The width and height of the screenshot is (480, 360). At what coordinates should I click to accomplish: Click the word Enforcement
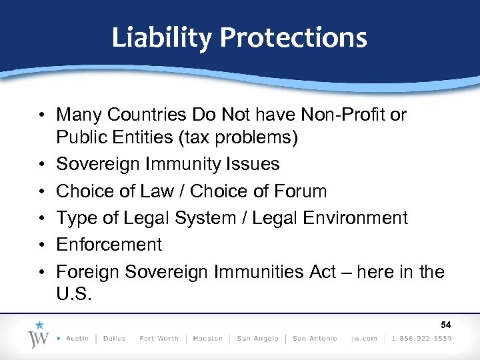pos(109,245)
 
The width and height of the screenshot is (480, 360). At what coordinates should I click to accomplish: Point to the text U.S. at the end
pos(73,294)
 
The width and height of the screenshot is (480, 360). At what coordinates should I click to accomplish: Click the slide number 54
pos(447,325)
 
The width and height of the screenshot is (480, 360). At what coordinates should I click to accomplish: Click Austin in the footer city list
pos(77,339)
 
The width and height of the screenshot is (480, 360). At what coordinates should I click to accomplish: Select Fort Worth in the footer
pos(159,339)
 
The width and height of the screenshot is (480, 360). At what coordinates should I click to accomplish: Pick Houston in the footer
pos(207,339)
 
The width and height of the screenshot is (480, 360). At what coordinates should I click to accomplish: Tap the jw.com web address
pos(364,339)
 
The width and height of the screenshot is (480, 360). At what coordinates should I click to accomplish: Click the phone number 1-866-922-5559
pos(421,339)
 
